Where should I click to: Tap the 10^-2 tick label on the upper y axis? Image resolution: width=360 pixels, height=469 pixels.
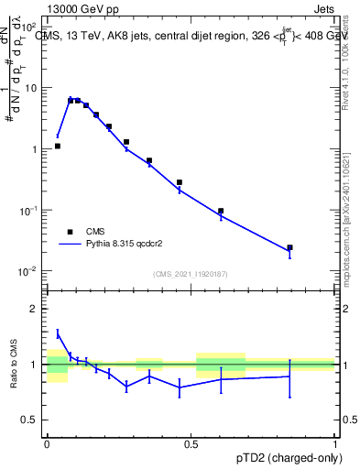[x=29, y=271]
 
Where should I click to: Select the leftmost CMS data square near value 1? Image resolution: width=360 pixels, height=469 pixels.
[x=58, y=146]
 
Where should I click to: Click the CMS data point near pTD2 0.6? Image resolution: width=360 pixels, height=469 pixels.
[x=221, y=211]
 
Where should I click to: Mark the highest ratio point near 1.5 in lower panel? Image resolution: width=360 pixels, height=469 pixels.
[x=58, y=333]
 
